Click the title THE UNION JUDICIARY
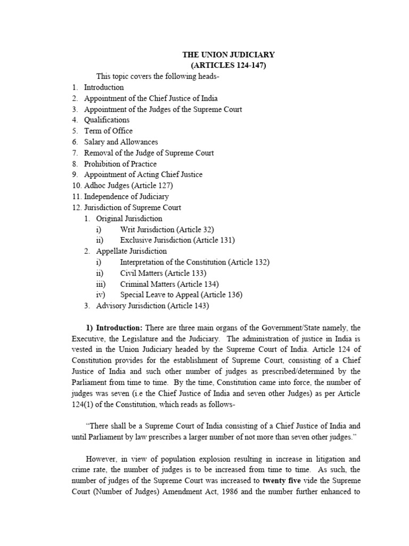tap(228, 54)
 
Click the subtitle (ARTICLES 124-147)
tap(228, 65)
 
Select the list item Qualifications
tap(107, 120)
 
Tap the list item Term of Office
tap(108, 131)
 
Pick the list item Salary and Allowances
tap(121, 142)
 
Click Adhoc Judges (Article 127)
tap(128, 186)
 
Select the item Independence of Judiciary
tap(126, 197)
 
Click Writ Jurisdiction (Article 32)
tap(167, 229)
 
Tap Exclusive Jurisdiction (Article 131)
tap(177, 240)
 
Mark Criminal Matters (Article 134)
tap(169, 284)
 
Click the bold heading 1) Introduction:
tap(114, 327)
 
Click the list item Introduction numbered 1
tap(104, 87)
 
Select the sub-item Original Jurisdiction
tap(129, 219)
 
